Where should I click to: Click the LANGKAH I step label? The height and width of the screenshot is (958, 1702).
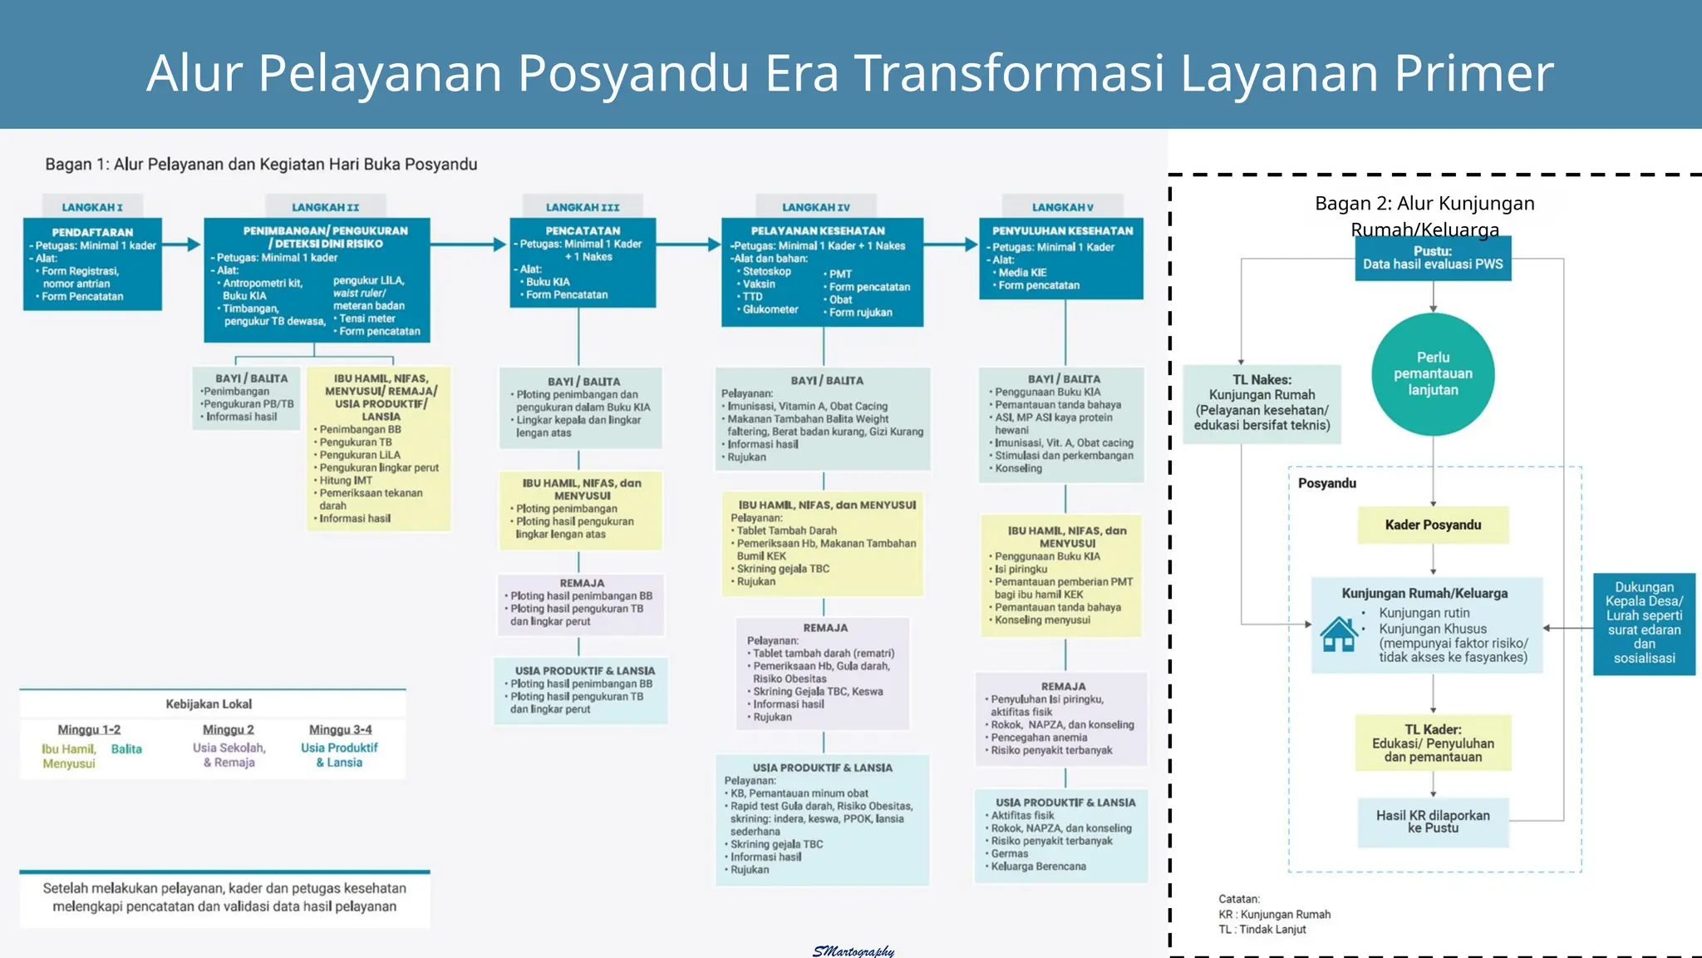point(92,207)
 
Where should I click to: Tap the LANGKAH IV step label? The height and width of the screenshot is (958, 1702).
point(815,207)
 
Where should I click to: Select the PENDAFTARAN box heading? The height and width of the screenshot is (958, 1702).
point(92,232)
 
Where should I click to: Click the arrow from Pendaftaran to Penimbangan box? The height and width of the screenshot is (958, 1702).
point(182,244)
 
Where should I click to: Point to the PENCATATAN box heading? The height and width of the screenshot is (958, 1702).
point(583,230)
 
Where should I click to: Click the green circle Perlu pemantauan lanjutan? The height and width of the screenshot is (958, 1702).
point(1433,374)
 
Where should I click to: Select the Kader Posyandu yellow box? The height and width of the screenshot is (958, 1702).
point(1433,525)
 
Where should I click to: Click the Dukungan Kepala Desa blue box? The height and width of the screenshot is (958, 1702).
point(1644,623)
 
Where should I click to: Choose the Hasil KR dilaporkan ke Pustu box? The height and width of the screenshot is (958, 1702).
point(1433,822)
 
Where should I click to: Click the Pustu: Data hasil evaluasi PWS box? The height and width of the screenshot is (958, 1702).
point(1433,258)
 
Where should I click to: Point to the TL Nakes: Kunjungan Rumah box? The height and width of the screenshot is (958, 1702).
point(1262,403)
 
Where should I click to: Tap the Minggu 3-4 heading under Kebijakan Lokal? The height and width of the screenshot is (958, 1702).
point(340,729)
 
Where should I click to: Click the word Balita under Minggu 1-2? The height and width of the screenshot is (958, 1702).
point(126,749)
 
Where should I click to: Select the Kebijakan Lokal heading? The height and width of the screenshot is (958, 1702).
point(209,704)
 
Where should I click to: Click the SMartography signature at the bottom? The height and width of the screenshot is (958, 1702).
point(853,951)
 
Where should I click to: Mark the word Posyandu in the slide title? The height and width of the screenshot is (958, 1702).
point(634,72)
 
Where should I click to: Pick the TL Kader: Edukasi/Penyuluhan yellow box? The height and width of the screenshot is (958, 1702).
point(1433,743)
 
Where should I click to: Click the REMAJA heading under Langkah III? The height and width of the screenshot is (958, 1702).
point(582,583)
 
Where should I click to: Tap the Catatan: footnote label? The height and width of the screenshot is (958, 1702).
point(1239,899)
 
